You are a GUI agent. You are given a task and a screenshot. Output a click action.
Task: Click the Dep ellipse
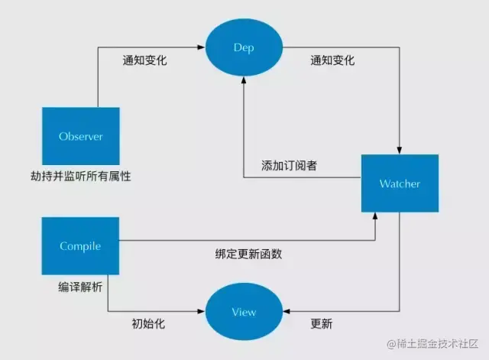(x=243, y=47)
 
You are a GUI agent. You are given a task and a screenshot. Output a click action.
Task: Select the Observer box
(x=80, y=137)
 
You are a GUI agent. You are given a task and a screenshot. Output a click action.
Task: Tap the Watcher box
(x=400, y=183)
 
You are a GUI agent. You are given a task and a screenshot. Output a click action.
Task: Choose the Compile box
(x=80, y=245)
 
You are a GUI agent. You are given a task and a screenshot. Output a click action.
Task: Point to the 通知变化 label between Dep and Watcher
(x=332, y=60)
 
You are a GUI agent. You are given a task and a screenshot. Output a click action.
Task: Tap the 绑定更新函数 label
(x=248, y=254)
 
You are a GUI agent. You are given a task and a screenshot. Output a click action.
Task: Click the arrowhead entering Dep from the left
(x=202, y=47)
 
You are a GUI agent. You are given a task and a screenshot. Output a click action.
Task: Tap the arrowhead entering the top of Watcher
(x=400, y=150)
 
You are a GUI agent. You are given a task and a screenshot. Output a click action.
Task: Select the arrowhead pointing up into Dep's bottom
(x=243, y=82)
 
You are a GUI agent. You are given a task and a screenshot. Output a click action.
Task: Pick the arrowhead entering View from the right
(x=285, y=311)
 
